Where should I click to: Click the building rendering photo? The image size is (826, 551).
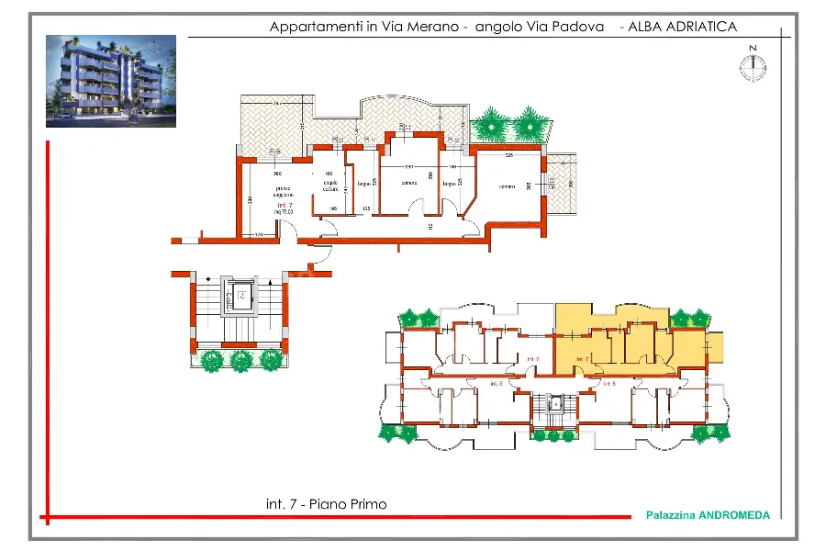(x=110, y=81)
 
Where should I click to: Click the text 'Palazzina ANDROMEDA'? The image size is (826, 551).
(x=708, y=515)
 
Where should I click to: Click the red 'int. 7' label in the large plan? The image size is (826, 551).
(x=285, y=206)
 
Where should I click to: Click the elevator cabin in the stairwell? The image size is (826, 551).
(x=240, y=295)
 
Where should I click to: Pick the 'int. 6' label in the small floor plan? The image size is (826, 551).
(x=607, y=383)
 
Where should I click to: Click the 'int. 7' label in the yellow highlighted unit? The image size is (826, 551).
(x=582, y=358)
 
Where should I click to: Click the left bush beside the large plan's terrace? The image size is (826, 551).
(x=492, y=123)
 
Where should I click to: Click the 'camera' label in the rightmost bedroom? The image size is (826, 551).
(x=507, y=187)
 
